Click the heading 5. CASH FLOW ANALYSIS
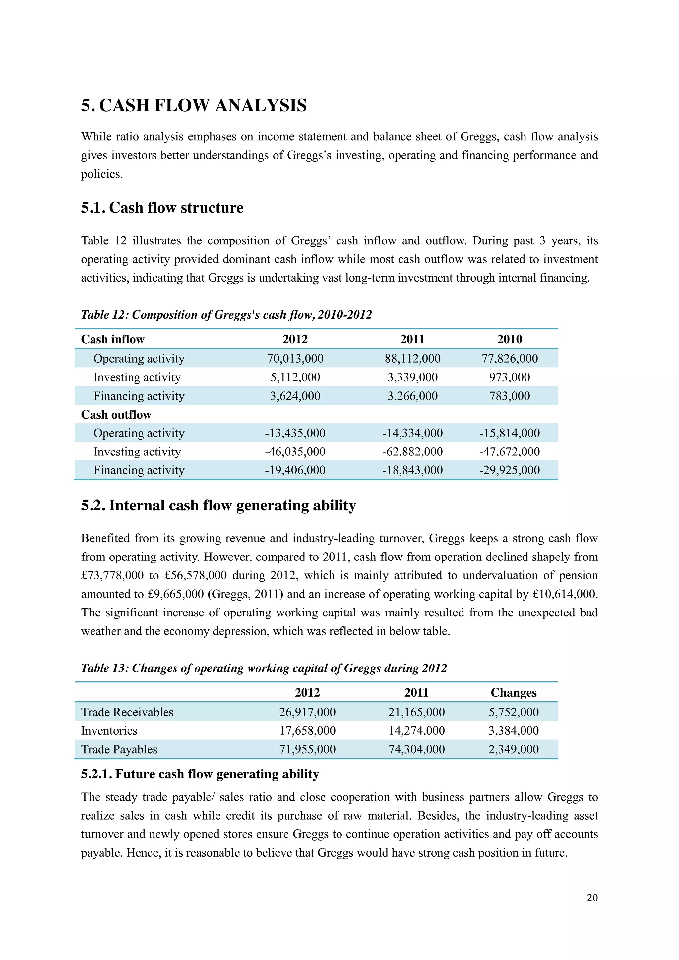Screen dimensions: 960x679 point(194,105)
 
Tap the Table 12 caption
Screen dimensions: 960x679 point(226,315)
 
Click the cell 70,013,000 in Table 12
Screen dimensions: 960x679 point(295,359)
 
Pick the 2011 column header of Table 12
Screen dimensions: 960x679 point(412,339)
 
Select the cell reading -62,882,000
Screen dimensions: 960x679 point(412,452)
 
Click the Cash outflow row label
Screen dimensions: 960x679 point(116,415)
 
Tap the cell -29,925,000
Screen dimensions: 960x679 point(509,470)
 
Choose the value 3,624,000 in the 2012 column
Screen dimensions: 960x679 point(295,396)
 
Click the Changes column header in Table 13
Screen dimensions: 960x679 point(513,692)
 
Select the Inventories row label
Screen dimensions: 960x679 point(109,730)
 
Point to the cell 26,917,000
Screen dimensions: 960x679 point(307,712)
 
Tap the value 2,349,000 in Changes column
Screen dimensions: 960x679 point(513,749)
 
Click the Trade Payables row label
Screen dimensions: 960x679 point(119,749)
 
